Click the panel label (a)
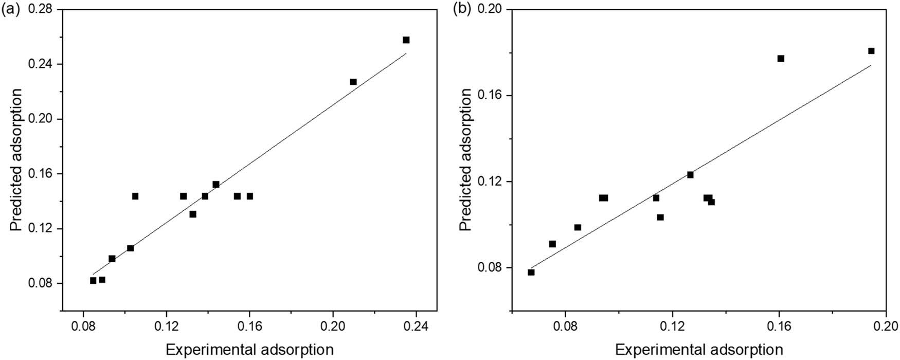pyautogui.click(x=11, y=10)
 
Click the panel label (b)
pyautogui.click(x=461, y=10)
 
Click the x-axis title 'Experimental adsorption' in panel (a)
pyautogui.click(x=249, y=350)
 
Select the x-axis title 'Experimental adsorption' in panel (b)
pyautogui.click(x=699, y=350)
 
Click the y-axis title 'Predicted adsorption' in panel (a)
pyautogui.click(x=17, y=160)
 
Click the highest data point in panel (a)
pyautogui.click(x=406, y=40)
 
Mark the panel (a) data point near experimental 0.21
pyautogui.click(x=353, y=82)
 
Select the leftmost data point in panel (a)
pyautogui.click(x=93, y=281)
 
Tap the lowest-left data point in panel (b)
pyautogui.click(x=531, y=272)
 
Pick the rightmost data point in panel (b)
pyautogui.click(x=871, y=51)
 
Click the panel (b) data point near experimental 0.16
pyautogui.click(x=781, y=59)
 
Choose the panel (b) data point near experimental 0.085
pyautogui.click(x=578, y=227)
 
